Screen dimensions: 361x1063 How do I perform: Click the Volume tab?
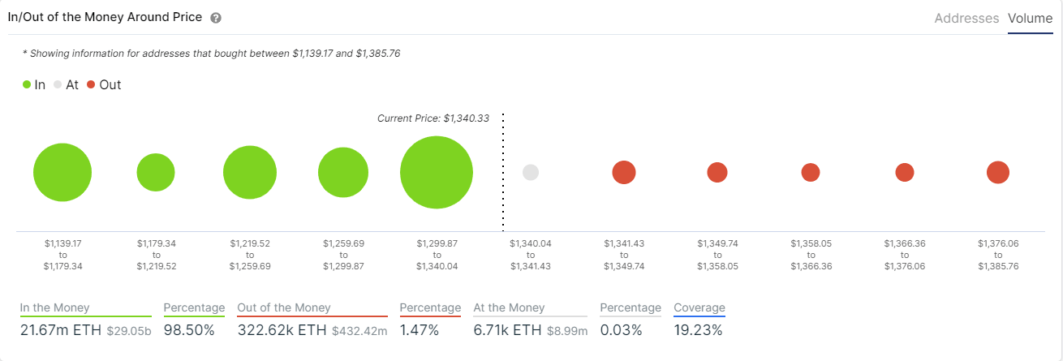click(1030, 18)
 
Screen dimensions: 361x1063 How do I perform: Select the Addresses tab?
click(966, 18)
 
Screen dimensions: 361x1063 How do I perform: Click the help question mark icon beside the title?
click(215, 18)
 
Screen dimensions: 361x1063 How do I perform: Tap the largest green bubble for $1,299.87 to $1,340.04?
click(437, 173)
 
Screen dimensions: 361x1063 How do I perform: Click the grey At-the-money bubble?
click(531, 172)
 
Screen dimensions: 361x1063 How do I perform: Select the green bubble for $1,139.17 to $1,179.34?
click(62, 173)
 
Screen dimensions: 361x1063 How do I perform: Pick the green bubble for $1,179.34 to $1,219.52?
click(156, 172)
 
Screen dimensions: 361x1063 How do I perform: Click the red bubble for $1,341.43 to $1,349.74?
click(624, 172)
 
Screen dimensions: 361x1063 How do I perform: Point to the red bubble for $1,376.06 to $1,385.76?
click(997, 172)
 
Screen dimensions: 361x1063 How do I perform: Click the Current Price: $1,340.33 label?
click(433, 118)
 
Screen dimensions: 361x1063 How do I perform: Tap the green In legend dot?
click(27, 84)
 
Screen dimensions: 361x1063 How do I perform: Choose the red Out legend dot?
click(91, 84)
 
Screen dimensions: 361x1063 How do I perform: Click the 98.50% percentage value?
click(189, 330)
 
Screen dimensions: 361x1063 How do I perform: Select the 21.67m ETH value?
click(60, 330)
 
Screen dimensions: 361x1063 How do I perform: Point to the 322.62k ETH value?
click(282, 330)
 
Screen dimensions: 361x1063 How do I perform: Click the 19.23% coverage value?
click(698, 330)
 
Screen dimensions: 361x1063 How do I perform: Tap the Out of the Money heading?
click(284, 307)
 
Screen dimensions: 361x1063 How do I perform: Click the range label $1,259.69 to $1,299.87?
click(343, 254)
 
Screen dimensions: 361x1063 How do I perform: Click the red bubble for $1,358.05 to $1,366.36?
click(811, 172)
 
